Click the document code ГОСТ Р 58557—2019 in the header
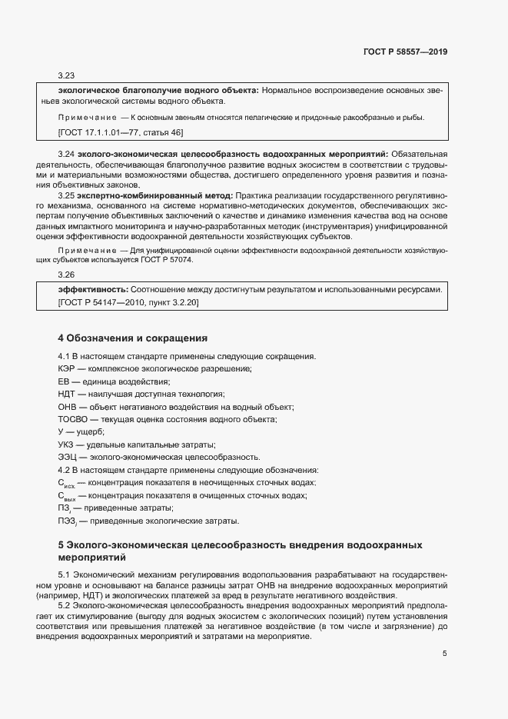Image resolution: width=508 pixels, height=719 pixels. (404, 52)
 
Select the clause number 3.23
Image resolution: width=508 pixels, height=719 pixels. (66, 76)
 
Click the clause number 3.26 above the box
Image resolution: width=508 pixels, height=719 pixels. (66, 275)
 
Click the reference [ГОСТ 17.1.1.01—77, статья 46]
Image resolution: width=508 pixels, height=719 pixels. (121, 133)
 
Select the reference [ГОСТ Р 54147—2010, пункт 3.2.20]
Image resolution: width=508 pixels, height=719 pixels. (128, 302)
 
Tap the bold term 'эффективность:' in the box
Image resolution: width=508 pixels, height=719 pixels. (93, 289)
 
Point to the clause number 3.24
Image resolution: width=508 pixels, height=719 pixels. (66, 155)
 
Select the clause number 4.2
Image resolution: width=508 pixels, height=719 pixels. (65, 469)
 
